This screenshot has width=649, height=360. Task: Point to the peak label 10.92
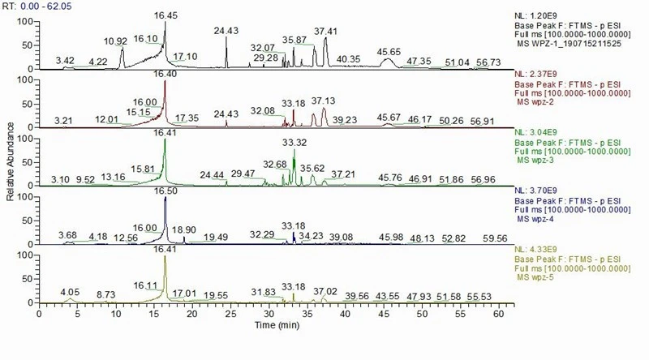pos(116,41)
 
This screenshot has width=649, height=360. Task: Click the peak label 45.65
pos(390,52)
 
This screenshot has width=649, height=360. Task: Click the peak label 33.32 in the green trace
pos(294,143)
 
